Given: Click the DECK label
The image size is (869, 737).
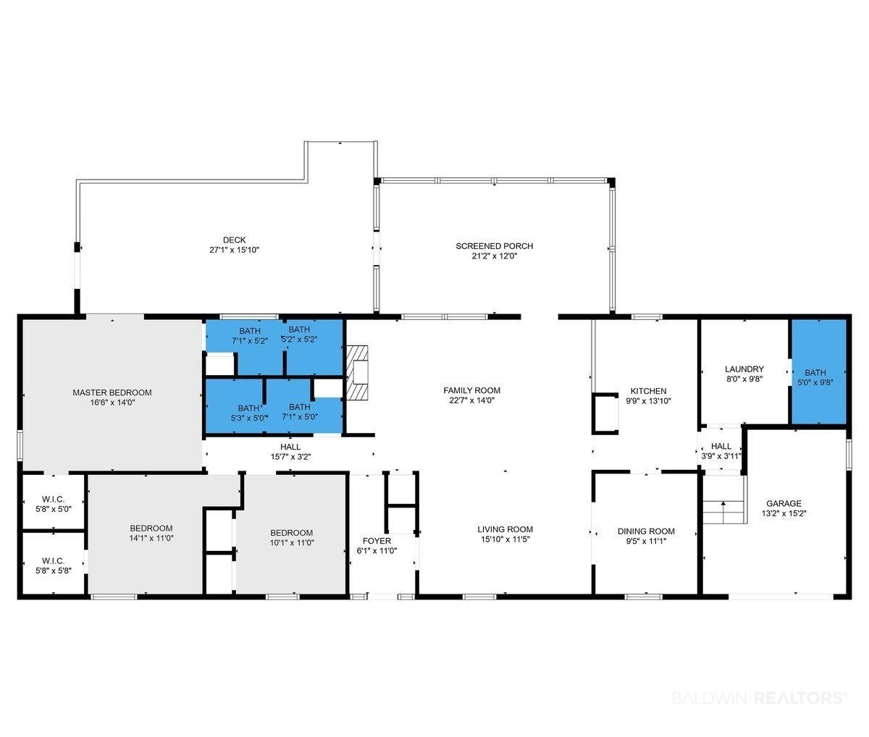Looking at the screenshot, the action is tap(234, 240).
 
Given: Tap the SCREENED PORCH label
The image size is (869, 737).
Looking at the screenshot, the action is tap(495, 246).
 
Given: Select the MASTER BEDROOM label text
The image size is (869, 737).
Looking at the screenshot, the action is tap(112, 392).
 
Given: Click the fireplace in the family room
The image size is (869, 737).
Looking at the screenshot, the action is tap(357, 372).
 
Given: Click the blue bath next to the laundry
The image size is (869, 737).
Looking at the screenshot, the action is tap(819, 371).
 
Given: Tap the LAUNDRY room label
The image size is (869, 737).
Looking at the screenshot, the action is tap(744, 368).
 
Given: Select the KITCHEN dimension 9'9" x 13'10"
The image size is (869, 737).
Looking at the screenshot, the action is tap(648, 400).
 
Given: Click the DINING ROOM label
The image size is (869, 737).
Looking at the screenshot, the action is tap(646, 531).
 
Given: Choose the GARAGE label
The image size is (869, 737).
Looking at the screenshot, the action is tap(784, 503).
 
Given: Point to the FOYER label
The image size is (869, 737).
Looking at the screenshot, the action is tap(377, 541).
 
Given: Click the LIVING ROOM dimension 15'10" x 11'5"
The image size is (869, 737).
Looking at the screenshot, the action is tap(505, 539).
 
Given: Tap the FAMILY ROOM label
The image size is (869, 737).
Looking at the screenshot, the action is tap(471, 390).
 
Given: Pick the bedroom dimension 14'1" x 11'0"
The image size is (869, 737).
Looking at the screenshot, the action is tap(151, 538).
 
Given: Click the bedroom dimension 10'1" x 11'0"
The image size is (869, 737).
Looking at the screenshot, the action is tap(292, 542).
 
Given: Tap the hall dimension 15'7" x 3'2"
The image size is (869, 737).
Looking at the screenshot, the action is tap(290, 457).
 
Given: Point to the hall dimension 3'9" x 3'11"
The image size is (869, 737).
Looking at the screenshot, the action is tap(721, 455).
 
